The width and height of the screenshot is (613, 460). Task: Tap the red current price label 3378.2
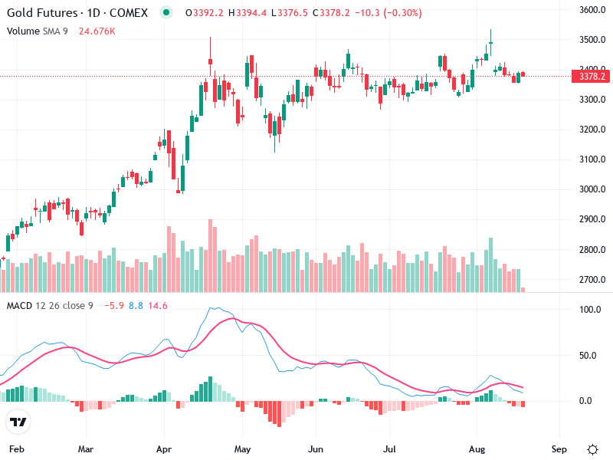[592, 77]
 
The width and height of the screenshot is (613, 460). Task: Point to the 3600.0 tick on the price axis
[592, 10]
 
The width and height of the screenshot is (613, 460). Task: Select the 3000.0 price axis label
[592, 189]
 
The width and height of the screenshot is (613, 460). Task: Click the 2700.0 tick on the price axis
[592, 280]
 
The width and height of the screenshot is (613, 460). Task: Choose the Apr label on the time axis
[163, 449]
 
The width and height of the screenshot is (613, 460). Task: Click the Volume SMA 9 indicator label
[38, 31]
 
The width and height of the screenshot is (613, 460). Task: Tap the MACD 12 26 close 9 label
[50, 306]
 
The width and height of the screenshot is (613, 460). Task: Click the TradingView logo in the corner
[18, 422]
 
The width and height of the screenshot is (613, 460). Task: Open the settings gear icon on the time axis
[592, 449]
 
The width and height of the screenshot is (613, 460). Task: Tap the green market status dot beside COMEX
[167, 13]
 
